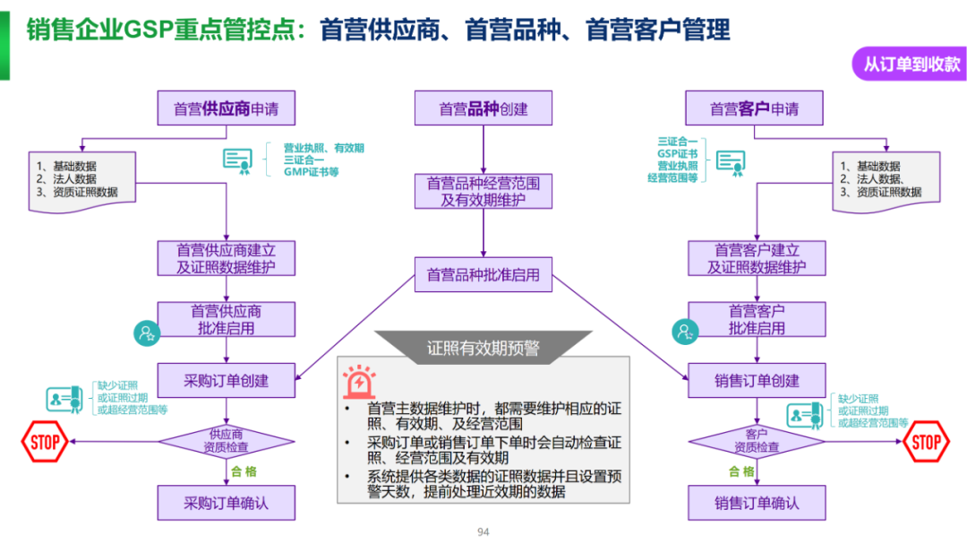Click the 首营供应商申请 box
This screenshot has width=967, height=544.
point(226,108)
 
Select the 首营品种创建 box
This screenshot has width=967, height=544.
point(483,108)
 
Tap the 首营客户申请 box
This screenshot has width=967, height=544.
point(754,108)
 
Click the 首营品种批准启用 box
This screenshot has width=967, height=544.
point(483,274)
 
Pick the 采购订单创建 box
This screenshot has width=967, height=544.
point(226,380)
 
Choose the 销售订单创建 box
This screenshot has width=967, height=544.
point(757,380)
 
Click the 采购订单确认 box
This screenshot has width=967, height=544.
point(226,503)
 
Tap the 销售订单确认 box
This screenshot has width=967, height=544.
point(757,503)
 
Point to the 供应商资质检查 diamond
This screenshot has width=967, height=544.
point(226,440)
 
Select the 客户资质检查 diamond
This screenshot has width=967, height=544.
point(757,440)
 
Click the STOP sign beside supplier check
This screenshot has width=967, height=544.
point(44,441)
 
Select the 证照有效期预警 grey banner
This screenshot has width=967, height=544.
point(483,348)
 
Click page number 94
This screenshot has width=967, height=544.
point(483,532)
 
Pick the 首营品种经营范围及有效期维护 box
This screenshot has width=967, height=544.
point(483,192)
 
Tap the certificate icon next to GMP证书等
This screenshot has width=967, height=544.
point(237,160)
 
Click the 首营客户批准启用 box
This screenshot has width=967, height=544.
point(757,320)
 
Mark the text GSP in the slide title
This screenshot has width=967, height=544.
point(148,30)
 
